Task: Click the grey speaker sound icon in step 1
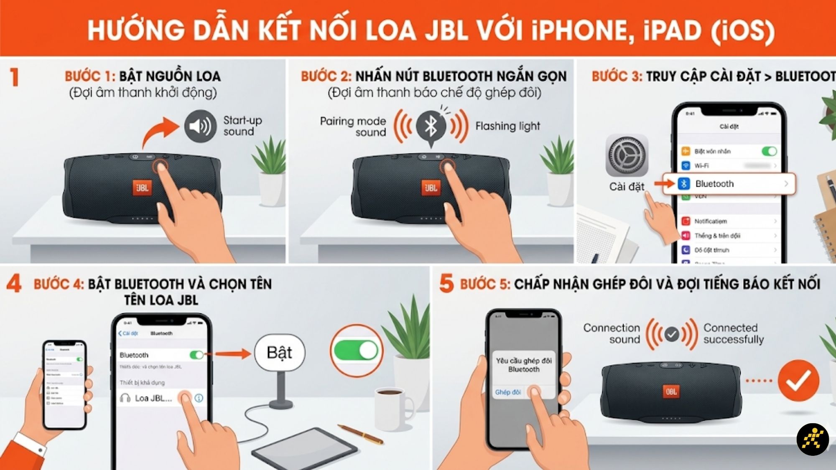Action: pos(200,126)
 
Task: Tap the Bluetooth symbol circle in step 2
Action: pos(431,125)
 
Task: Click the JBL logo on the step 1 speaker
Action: pos(141,188)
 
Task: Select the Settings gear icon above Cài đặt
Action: pos(627,155)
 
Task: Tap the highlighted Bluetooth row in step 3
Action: pos(729,184)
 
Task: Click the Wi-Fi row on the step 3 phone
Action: pos(729,166)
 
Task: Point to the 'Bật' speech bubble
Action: pos(280,353)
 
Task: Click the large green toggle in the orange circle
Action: pos(356,351)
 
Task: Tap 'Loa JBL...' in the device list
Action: pos(153,398)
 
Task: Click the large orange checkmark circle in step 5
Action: pos(798,381)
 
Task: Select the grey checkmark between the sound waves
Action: pos(672,334)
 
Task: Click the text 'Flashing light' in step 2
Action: pos(507,126)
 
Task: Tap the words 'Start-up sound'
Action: pos(242,126)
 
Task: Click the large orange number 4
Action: pos(14,284)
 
